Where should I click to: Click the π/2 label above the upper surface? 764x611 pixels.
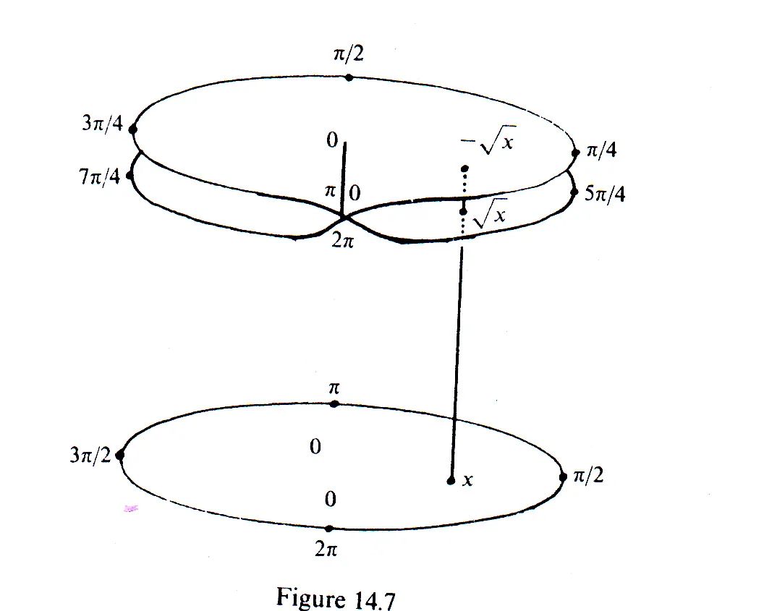[x=349, y=55]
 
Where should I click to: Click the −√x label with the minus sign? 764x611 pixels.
[x=486, y=142]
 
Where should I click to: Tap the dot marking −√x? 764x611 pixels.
[x=462, y=169]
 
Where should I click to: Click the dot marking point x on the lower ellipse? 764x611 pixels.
[x=450, y=480]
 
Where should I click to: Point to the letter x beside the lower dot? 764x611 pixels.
[x=467, y=479]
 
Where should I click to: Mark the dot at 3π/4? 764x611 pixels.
[x=133, y=130]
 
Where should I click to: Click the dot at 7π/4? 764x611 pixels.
[x=130, y=175]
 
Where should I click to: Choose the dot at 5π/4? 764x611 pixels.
[x=575, y=192]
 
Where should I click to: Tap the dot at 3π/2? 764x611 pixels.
[x=120, y=456]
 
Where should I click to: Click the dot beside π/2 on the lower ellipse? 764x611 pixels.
[x=562, y=477]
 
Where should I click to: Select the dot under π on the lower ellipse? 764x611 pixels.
[x=334, y=403]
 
